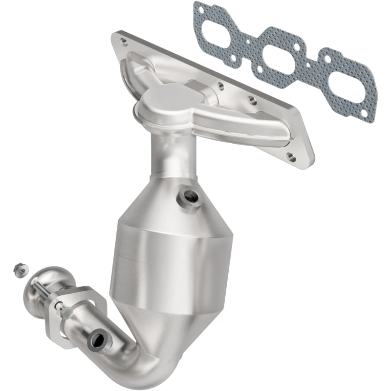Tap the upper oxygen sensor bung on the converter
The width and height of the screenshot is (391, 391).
(x=190, y=196)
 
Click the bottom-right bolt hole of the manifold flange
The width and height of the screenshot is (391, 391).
(x=292, y=157)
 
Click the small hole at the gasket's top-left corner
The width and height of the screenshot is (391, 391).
(x=197, y=8)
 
